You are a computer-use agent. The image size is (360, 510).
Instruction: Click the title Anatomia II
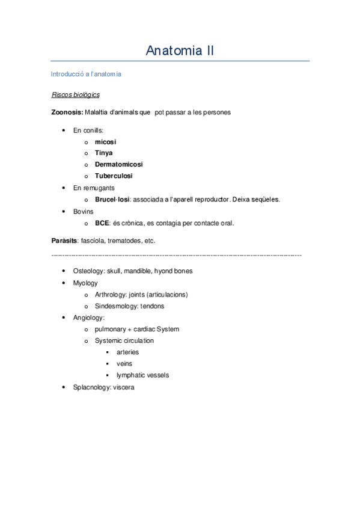pyautogui.click(x=180, y=51)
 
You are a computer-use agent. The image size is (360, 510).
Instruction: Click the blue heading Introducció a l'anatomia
pyautogui.click(x=87, y=74)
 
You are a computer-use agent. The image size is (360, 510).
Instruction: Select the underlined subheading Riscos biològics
pyautogui.click(x=76, y=95)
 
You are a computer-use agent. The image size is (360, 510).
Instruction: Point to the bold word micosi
pyautogui.click(x=105, y=142)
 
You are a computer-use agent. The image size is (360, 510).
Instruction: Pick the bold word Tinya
pyautogui.click(x=103, y=153)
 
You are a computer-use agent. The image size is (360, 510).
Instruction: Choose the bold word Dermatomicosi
pyautogui.click(x=118, y=164)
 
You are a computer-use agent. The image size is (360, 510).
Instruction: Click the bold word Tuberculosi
pyautogui.click(x=114, y=176)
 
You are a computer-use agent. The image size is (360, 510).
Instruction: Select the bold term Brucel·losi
pyautogui.click(x=112, y=199)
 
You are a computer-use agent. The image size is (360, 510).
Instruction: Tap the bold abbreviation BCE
pyautogui.click(x=102, y=223)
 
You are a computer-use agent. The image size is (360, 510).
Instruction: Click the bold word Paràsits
pyautogui.click(x=64, y=241)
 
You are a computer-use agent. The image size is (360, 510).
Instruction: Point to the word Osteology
pyautogui.click(x=89, y=271)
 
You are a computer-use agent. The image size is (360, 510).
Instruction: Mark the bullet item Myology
pyautogui.click(x=85, y=283)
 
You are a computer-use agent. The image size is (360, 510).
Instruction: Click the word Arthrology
pyautogui.click(x=111, y=295)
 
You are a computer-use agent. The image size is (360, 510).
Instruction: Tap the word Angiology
pyautogui.click(x=88, y=318)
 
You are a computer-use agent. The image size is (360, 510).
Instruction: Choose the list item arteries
pyautogui.click(x=127, y=352)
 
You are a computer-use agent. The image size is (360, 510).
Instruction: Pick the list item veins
pyautogui.click(x=124, y=364)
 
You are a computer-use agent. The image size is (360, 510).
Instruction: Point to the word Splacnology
pyautogui.click(x=91, y=387)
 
